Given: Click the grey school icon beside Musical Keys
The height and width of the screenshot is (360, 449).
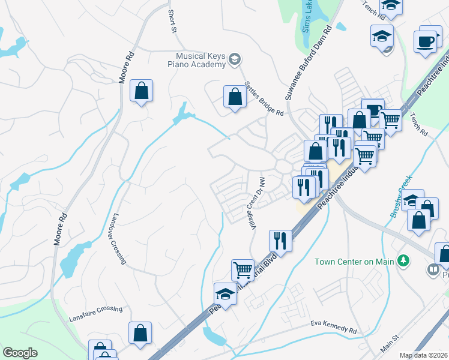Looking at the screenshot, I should [x=235, y=59].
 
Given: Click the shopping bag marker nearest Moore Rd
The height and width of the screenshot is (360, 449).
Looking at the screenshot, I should [x=141, y=91].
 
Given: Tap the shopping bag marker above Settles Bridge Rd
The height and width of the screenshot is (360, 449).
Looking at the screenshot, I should [x=235, y=96].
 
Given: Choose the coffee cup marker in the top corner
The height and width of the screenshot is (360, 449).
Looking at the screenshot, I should [x=425, y=41].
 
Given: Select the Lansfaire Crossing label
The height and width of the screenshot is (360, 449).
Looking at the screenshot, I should [x=95, y=310].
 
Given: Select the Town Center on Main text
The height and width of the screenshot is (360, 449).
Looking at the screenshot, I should [x=354, y=261].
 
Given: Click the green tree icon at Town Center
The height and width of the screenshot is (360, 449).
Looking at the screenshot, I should [x=404, y=260].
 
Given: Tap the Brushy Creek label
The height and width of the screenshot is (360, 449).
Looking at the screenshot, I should [x=400, y=197].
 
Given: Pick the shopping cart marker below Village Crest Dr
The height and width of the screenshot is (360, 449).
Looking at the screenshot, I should [x=243, y=270].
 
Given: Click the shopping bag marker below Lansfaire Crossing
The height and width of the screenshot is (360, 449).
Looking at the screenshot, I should [x=140, y=333].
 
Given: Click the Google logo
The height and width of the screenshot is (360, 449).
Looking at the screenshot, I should [x=20, y=352].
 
